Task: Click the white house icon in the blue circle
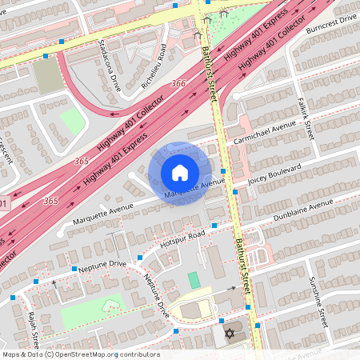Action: (180, 173)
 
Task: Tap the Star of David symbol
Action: (230, 332)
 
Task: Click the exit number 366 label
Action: (178, 83)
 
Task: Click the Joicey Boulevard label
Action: (275, 176)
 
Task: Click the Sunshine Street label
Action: (318, 302)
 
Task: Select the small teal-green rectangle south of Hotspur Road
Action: (194, 281)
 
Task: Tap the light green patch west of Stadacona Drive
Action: (72, 122)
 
